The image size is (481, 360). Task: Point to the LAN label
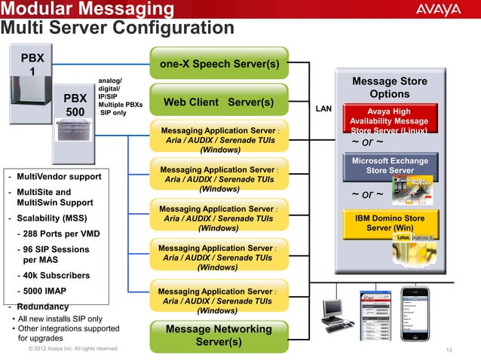pos(323,110)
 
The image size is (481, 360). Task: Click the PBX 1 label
pos(32,65)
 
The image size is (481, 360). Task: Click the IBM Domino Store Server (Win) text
pos(389,222)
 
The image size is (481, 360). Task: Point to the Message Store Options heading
pos(389,87)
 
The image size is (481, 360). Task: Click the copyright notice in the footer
pos(72,349)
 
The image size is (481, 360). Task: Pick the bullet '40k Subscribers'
pos(53,276)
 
